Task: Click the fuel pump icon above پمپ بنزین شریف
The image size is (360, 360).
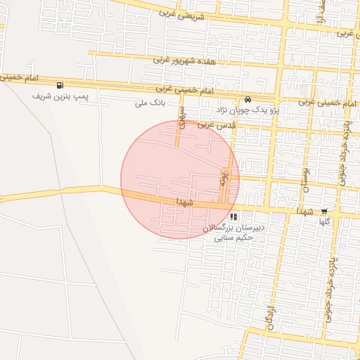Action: pyautogui.click(x=67, y=86)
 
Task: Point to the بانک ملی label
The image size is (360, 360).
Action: pyautogui.click(x=150, y=103)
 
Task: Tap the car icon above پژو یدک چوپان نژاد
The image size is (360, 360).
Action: pyautogui.click(x=249, y=98)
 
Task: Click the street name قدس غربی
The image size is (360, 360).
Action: pyautogui.click(x=215, y=124)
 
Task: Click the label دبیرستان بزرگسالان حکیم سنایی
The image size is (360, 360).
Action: pyautogui.click(x=233, y=233)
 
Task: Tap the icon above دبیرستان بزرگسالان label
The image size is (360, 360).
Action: pyautogui.click(x=233, y=217)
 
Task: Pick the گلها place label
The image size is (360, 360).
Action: pyautogui.click(x=324, y=221)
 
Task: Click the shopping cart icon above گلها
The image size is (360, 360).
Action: pyautogui.click(x=323, y=211)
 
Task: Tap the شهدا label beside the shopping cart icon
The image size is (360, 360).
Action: pyautogui.click(x=304, y=211)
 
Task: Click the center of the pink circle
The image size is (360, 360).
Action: pyautogui.click(x=180, y=180)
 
